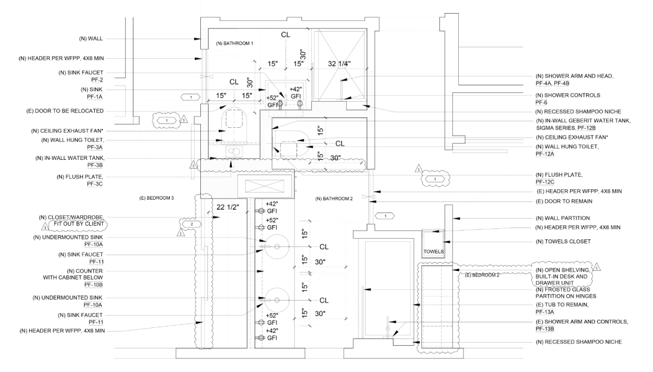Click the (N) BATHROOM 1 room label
[x=235, y=43]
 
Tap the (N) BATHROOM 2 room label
[x=334, y=199]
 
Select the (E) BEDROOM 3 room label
[x=156, y=197]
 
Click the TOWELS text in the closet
[x=434, y=252]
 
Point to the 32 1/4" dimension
[x=339, y=64]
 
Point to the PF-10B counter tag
[x=94, y=284]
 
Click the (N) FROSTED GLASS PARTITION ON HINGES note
[x=574, y=292]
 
